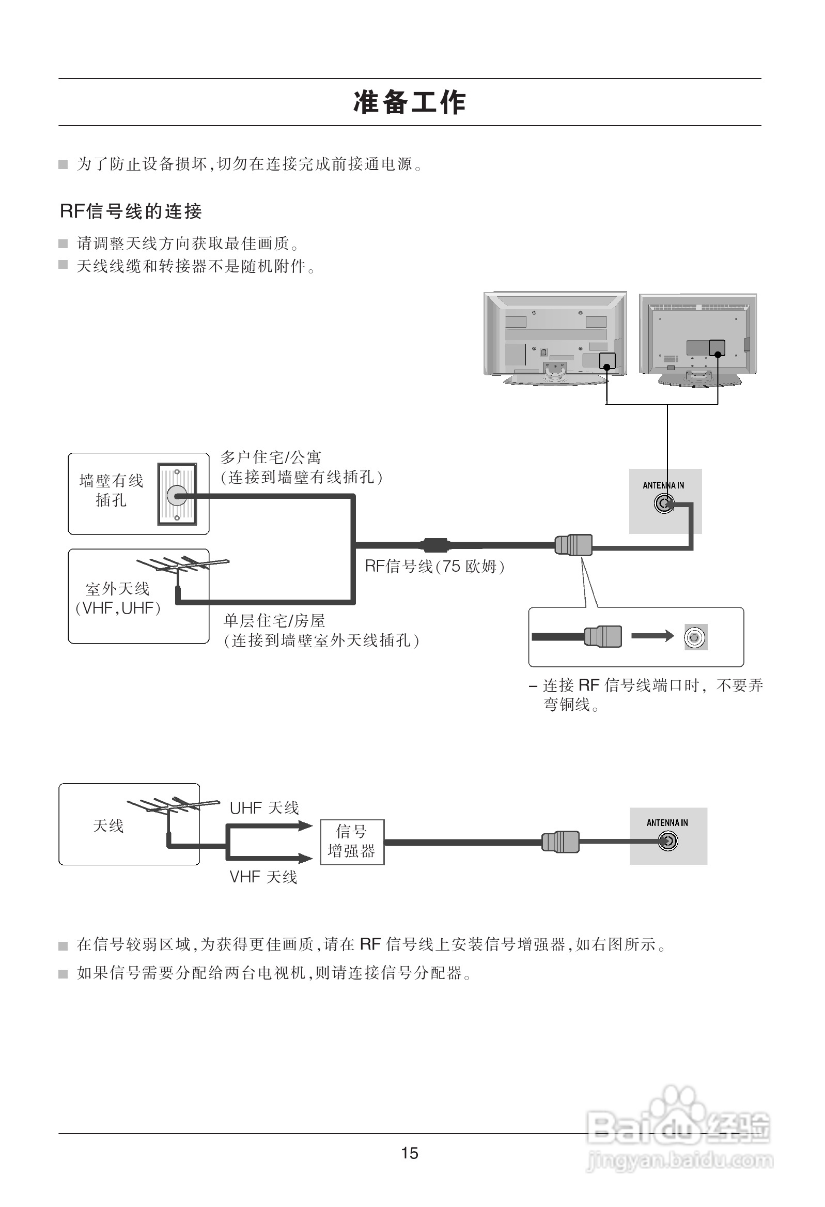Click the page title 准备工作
(410, 102)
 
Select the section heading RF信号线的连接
(131, 211)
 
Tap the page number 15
(410, 1153)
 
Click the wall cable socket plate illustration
(177, 495)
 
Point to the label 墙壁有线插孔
(111, 490)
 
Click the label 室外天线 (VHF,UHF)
(118, 598)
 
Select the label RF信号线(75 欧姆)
(434, 566)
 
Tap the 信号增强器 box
(352, 842)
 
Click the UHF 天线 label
(264, 808)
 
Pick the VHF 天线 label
(263, 877)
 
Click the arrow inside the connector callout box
(652, 636)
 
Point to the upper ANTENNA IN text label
(663, 485)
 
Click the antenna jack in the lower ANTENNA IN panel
(667, 842)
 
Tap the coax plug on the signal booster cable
(560, 842)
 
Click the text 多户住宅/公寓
(271, 457)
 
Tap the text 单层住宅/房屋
(274, 621)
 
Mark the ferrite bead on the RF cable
(435, 545)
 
